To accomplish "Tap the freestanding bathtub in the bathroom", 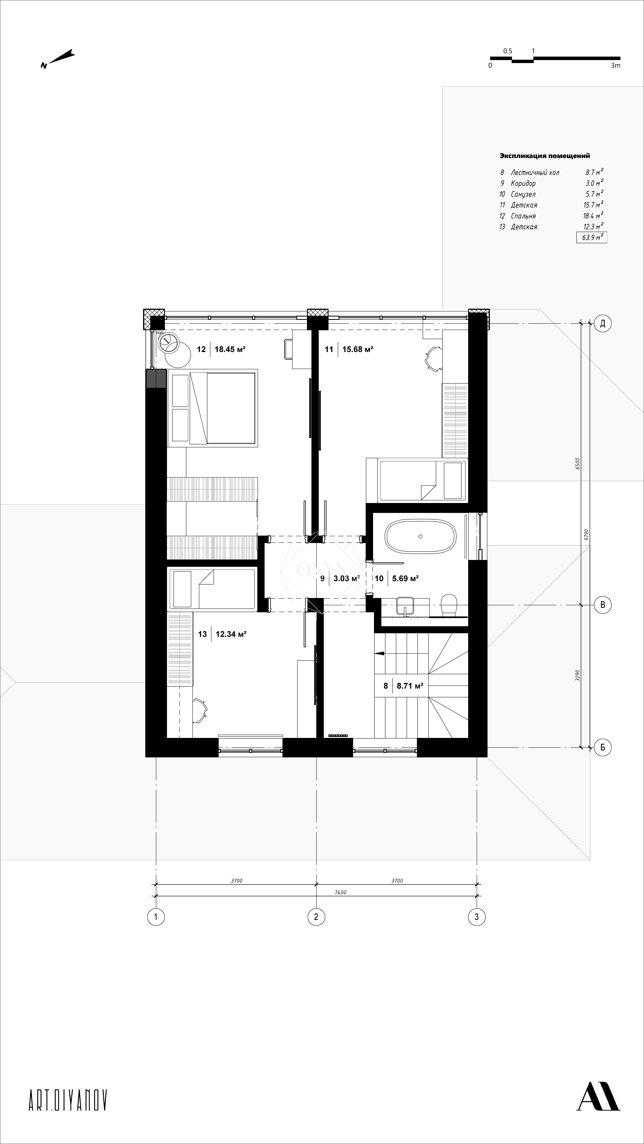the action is pyautogui.click(x=420, y=536).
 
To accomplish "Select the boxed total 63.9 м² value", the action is pyautogui.click(x=592, y=238).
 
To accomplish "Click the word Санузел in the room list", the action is pyautogui.click(x=523, y=194).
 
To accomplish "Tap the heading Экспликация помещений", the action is pyautogui.click(x=545, y=156).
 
